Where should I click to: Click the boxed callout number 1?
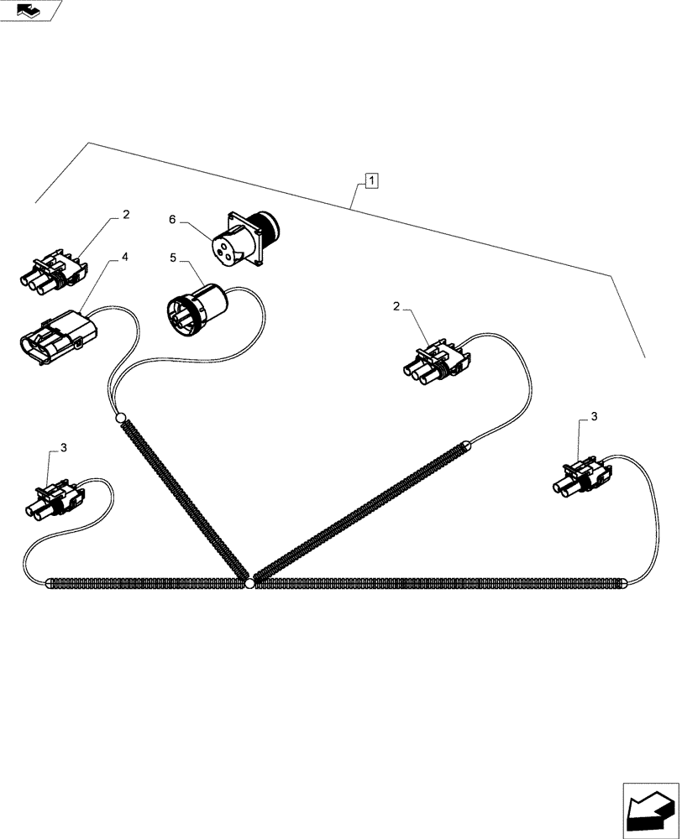coord(371,179)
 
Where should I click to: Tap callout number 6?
coord(172,219)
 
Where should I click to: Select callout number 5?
coord(172,258)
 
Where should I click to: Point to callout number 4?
coord(124,258)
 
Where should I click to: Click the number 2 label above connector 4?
coord(125,215)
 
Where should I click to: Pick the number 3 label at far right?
coord(594,416)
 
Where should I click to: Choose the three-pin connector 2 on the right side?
coord(437,362)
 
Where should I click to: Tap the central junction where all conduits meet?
coord(249,583)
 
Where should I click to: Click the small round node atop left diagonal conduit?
coord(120,417)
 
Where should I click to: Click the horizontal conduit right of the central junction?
coord(437,583)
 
